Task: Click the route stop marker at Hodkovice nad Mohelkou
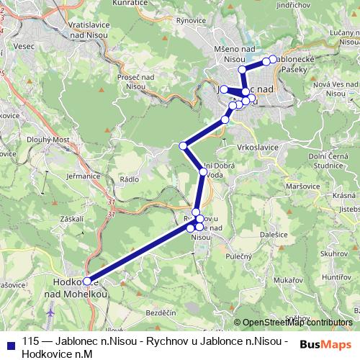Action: point(88,282)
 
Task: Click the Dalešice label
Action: point(274,235)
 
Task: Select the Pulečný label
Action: point(258,255)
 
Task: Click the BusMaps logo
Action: point(325,343)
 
